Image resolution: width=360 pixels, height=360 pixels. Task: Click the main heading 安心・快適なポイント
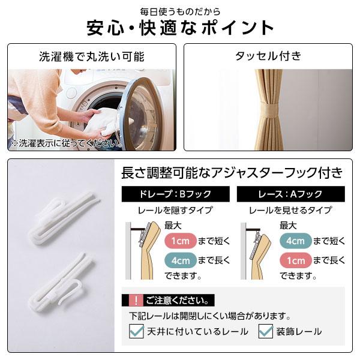coord(180,28)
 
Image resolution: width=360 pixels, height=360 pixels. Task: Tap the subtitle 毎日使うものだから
coord(180,12)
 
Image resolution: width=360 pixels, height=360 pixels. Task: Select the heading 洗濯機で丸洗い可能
coord(92,56)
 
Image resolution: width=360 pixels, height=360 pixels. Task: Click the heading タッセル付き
coord(268,56)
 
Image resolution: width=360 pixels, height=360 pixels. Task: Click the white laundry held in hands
coord(103,122)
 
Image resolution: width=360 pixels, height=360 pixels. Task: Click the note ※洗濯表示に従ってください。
coord(67,143)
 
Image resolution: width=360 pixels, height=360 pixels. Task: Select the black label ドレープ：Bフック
coord(176,194)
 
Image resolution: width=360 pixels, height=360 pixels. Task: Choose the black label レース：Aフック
coord(291,194)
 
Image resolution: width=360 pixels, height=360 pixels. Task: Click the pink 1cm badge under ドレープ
coord(181,241)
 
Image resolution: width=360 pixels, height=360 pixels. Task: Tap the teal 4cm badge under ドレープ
coord(181,260)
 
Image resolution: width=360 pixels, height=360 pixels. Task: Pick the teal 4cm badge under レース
coord(295,241)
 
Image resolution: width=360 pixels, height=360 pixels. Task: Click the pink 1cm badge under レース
coord(295,260)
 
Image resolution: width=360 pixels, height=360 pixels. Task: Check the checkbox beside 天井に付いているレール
coord(136,331)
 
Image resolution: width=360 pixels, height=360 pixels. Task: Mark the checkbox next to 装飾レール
coord(266,331)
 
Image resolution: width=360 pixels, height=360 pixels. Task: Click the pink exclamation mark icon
coord(136,300)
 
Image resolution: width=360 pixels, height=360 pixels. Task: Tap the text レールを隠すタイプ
coord(175,210)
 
